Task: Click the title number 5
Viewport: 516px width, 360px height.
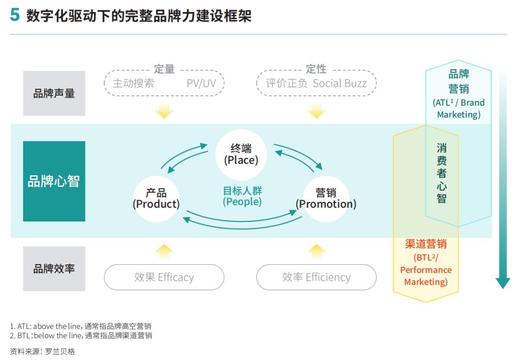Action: [15, 15]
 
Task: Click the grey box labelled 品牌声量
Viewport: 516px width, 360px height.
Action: [54, 94]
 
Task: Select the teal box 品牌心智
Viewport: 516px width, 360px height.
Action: [54, 181]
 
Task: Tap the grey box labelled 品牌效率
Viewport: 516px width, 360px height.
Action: [54, 269]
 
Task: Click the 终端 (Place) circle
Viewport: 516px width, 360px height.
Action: [241, 154]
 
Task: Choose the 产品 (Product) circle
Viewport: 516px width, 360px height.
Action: [156, 199]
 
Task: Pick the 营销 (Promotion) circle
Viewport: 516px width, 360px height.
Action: [326, 199]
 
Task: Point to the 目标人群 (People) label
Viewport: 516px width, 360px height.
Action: [242, 196]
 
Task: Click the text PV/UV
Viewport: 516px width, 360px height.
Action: [201, 83]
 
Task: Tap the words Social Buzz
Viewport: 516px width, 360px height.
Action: [340, 83]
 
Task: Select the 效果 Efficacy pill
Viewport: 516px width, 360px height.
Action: [164, 277]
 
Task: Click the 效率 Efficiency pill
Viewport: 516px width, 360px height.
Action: [316, 277]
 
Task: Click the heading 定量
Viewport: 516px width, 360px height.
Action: [164, 69]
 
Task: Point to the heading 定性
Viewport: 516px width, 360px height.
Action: [316, 69]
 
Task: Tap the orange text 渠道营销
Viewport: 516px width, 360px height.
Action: [426, 244]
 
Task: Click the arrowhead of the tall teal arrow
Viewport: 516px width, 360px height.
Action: [503, 283]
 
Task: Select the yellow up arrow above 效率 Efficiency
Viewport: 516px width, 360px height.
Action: [316, 251]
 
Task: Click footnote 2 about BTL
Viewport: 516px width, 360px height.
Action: [81, 336]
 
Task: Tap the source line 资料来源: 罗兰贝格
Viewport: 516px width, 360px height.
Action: [43, 351]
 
